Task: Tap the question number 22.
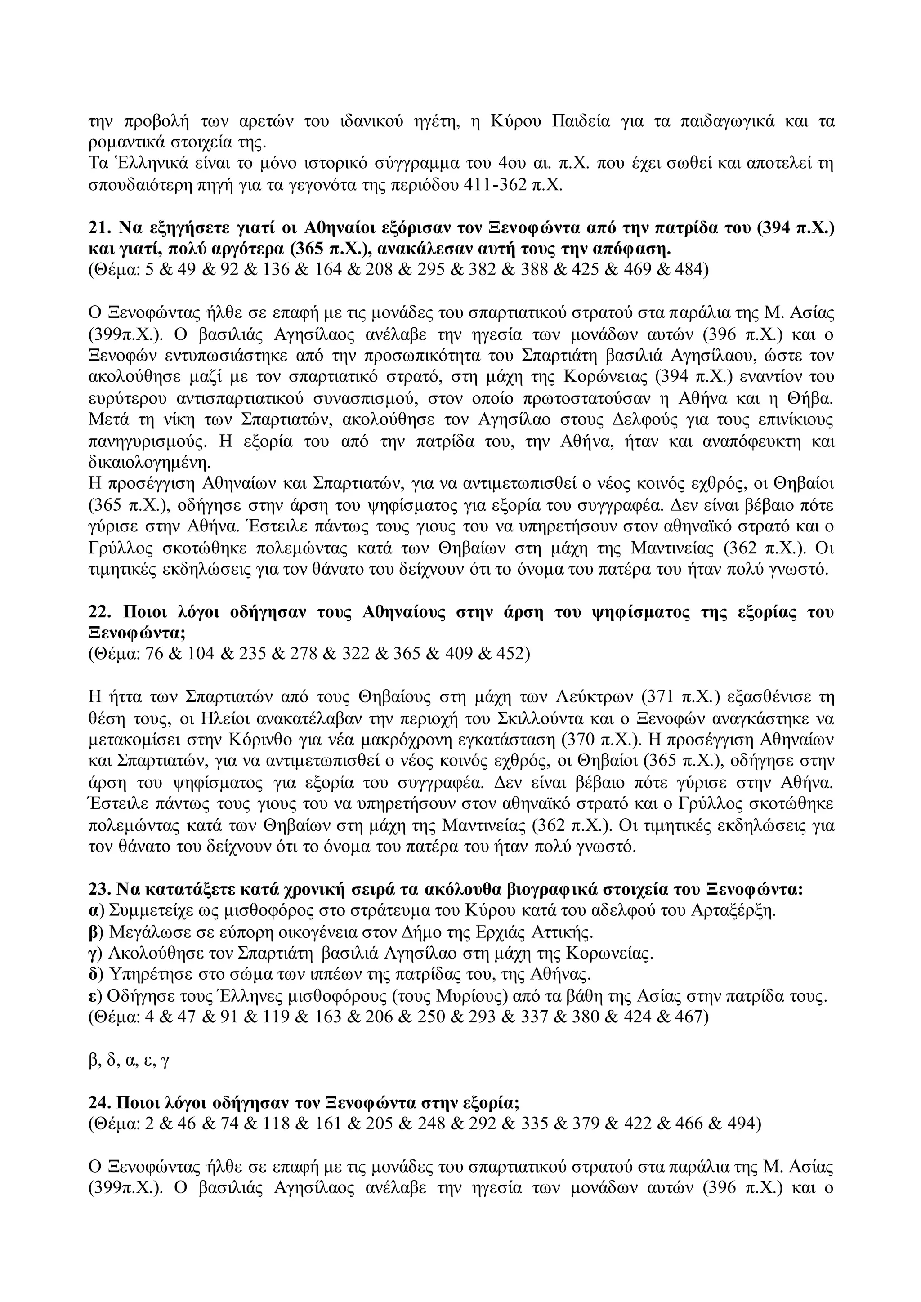click(100, 612)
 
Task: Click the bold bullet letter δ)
click(97, 975)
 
